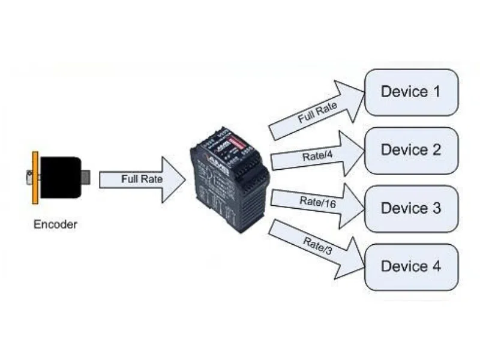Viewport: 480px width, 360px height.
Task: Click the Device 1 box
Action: [411, 92]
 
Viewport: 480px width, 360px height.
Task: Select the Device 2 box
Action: [411, 150]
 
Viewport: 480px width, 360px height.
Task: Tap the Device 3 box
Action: [411, 208]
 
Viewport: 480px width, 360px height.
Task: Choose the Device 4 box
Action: [411, 266]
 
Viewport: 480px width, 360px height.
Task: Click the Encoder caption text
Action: [55, 225]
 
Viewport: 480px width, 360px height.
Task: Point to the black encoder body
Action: [60, 177]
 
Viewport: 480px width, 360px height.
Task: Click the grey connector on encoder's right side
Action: [85, 176]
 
